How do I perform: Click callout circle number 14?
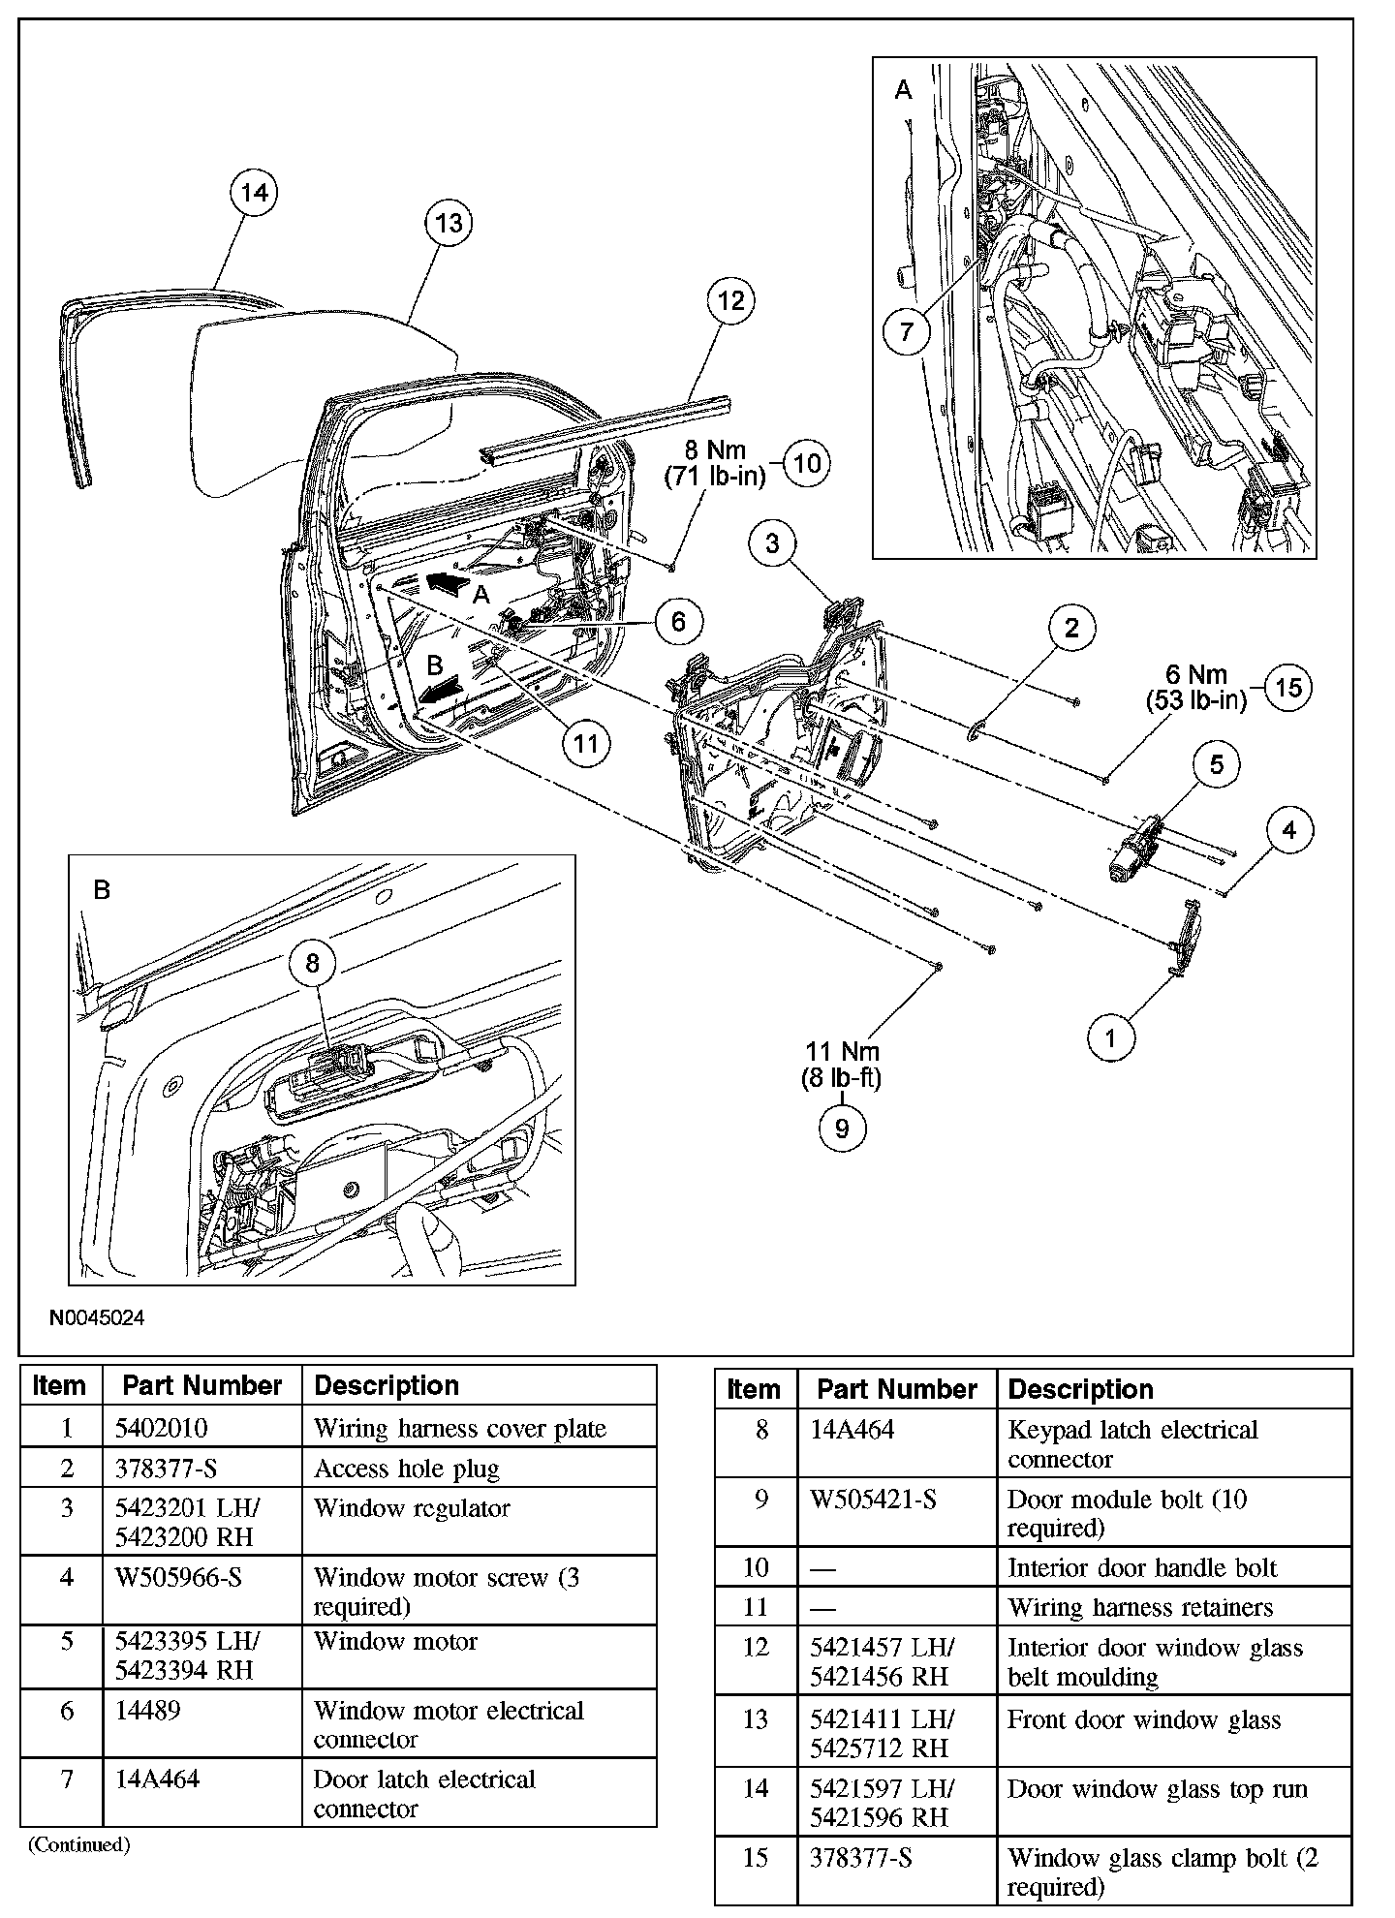pos(254,193)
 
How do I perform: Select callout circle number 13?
pos(449,224)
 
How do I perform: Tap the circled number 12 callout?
pos(731,301)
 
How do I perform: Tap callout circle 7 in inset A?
pos(907,332)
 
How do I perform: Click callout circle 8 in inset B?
pos(312,963)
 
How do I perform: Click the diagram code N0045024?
pos(98,1317)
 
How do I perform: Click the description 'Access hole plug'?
pos(407,1469)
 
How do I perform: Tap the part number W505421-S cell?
pos(873,1500)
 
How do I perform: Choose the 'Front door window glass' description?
pos(1144,1720)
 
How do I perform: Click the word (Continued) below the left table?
pos(78,1845)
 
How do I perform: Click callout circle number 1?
pos(1110,1039)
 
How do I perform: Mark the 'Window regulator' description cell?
pos(412,1508)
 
